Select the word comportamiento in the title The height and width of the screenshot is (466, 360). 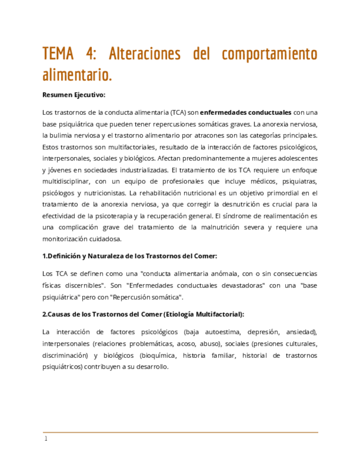[269, 54]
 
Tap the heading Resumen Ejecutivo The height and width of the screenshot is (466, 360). [73, 95]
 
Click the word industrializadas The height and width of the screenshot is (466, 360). [139, 170]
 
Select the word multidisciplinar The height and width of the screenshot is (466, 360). [68, 181]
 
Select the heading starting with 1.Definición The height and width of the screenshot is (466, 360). [130, 256]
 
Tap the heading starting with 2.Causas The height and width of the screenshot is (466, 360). [143, 314]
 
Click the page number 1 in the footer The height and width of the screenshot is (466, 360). [46, 439]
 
